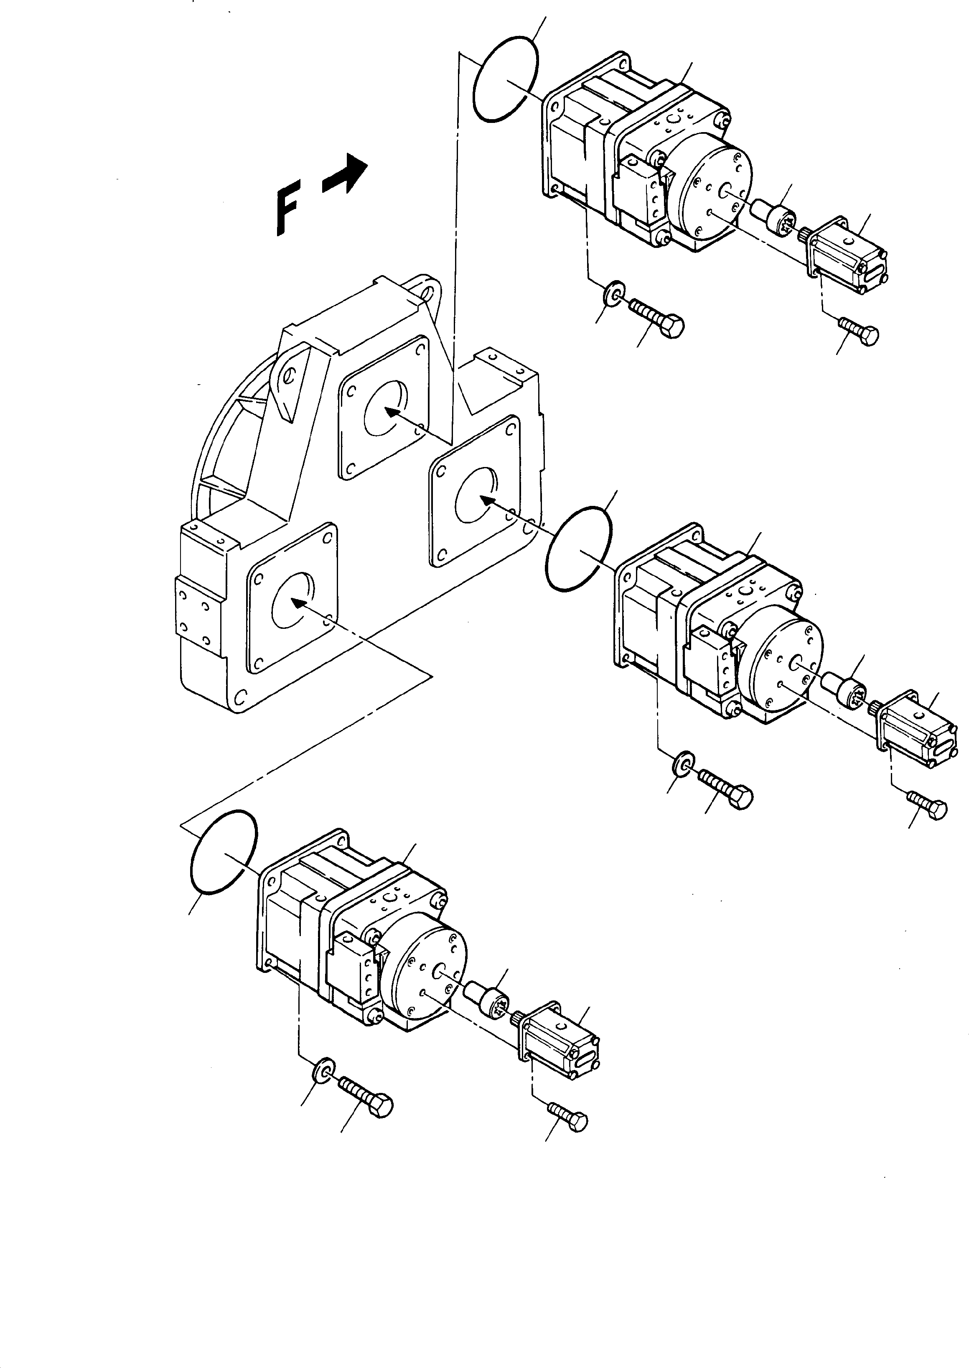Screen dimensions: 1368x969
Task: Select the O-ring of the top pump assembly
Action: [x=505, y=78]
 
